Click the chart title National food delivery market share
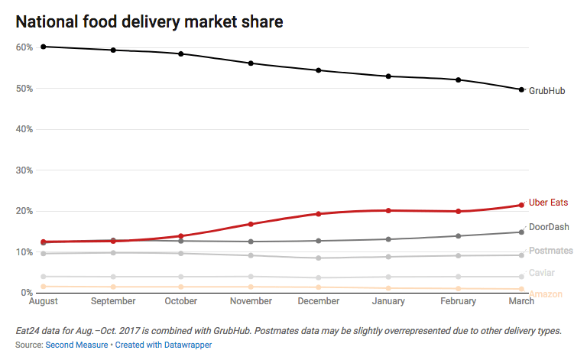(150, 21)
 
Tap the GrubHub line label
(547, 90)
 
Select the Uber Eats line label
(548, 203)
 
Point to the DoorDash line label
(549, 227)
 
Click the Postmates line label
(550, 251)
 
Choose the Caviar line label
(542, 272)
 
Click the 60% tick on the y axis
(24, 47)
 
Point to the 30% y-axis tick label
(24, 170)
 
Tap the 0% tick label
(26, 293)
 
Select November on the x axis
(251, 302)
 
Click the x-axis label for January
(388, 302)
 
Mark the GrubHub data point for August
(44, 47)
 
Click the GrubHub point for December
(319, 70)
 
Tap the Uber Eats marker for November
(251, 224)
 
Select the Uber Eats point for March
(521, 205)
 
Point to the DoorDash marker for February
(458, 236)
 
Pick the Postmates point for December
(319, 258)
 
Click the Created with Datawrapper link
(164, 345)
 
